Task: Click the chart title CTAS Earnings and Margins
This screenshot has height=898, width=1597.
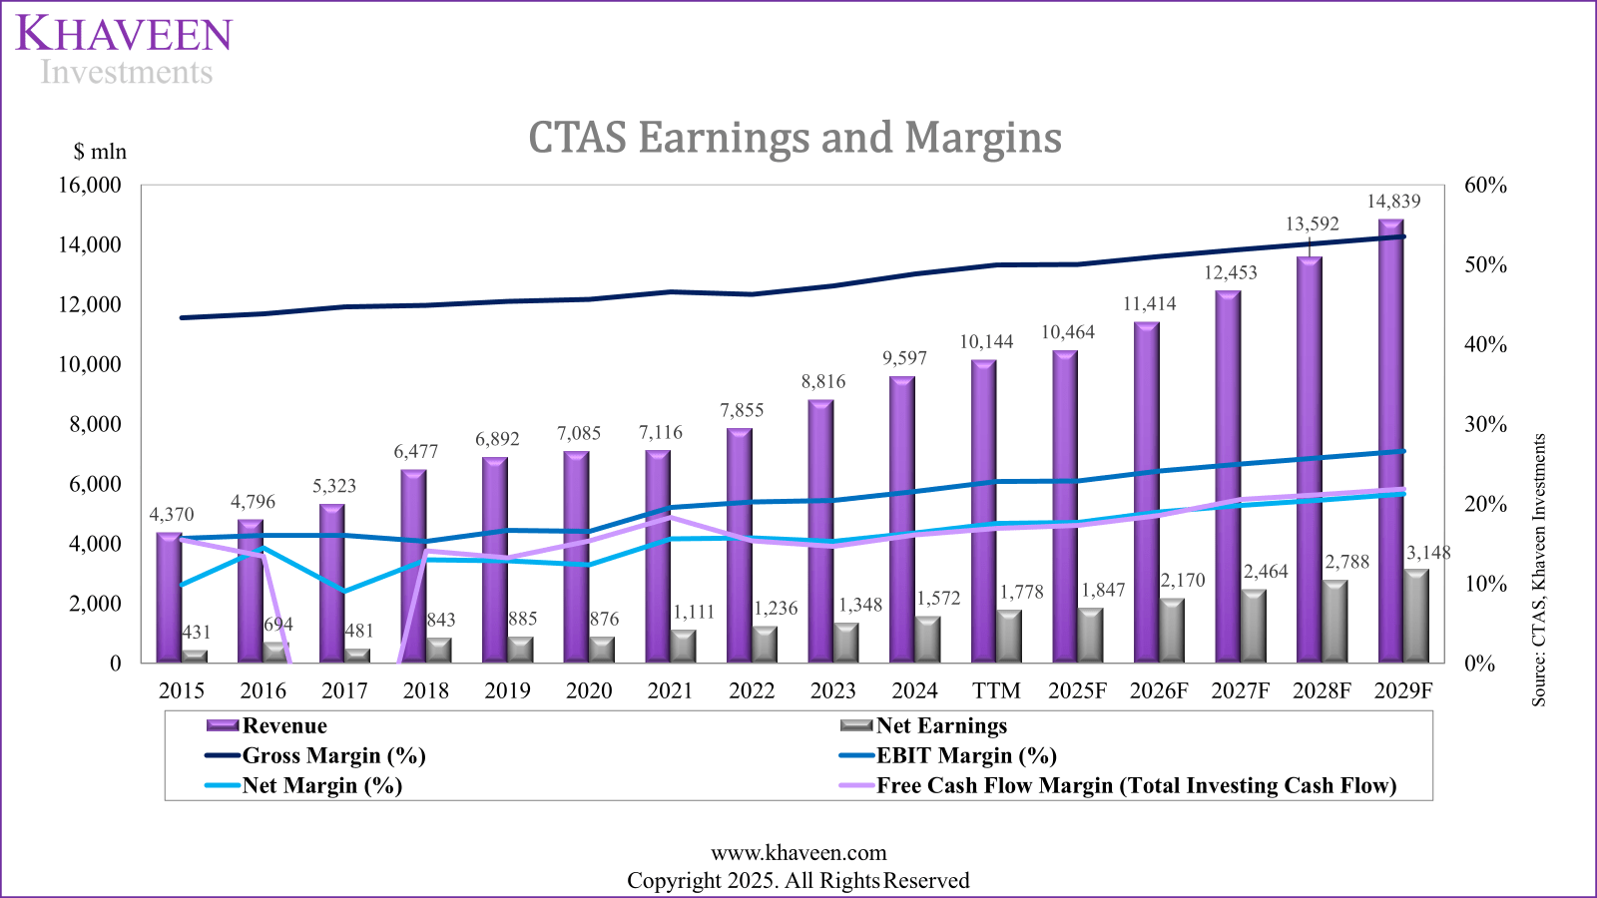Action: pyautogui.click(x=795, y=138)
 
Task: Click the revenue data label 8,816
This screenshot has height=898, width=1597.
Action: pyautogui.click(x=823, y=381)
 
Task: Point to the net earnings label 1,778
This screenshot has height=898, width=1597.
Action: pyautogui.click(x=1021, y=592)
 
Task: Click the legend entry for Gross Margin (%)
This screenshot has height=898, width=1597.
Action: pyautogui.click(x=333, y=755)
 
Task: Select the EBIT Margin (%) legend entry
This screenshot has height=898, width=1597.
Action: pyautogui.click(x=965, y=755)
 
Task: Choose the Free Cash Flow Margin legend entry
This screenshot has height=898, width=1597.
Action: pyautogui.click(x=1135, y=785)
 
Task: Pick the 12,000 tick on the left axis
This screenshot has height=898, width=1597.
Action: pyautogui.click(x=90, y=304)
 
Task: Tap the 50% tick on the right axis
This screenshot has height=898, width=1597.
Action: pyautogui.click(x=1485, y=264)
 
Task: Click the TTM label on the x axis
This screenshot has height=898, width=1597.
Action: pyautogui.click(x=996, y=690)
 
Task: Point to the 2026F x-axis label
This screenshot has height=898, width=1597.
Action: pyautogui.click(x=1159, y=690)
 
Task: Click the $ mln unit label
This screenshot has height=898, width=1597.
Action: pyautogui.click(x=100, y=152)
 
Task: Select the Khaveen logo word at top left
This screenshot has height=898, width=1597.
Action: pyautogui.click(x=124, y=36)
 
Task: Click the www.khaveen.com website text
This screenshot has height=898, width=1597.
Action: pyautogui.click(x=798, y=852)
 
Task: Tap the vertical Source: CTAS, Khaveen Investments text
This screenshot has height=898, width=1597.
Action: pyautogui.click(x=1538, y=570)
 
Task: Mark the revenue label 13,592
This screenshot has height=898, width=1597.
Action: pyautogui.click(x=1312, y=224)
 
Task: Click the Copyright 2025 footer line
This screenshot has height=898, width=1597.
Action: pyautogui.click(x=798, y=880)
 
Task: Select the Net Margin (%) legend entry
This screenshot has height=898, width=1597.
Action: pyautogui.click(x=321, y=785)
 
